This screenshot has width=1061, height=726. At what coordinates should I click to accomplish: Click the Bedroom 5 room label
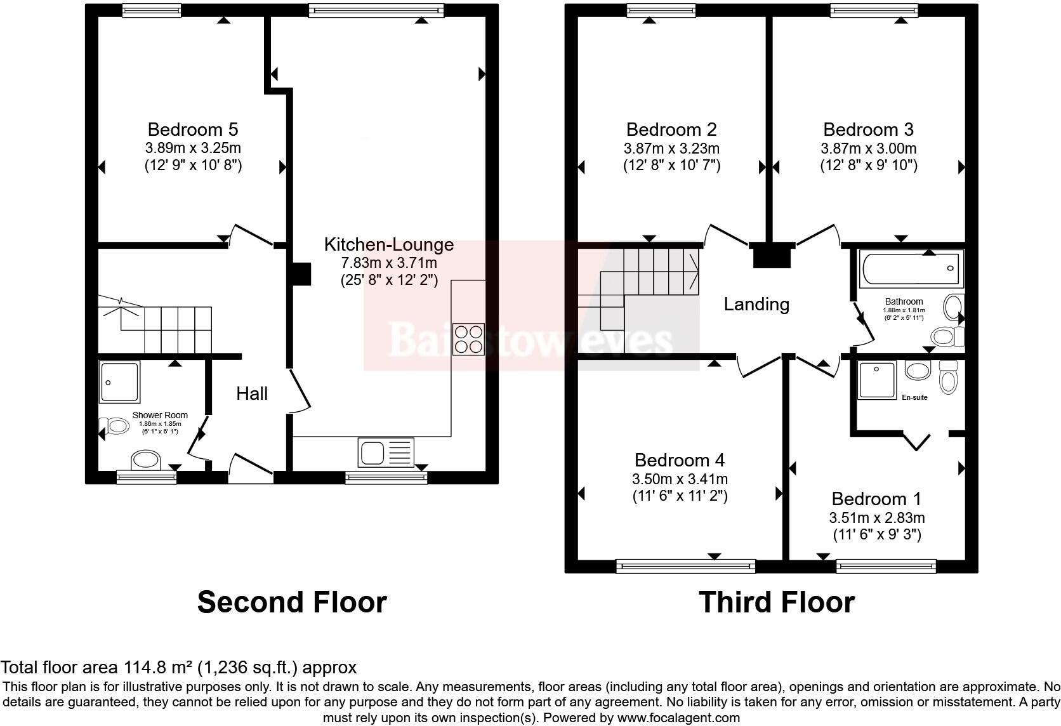[x=192, y=129]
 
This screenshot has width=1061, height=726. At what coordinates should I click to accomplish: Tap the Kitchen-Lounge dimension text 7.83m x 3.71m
[x=389, y=263]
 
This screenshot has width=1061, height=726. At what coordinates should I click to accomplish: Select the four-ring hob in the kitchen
[x=468, y=338]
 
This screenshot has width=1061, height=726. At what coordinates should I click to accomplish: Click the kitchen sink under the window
[x=386, y=452]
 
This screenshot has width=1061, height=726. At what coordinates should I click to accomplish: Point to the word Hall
[x=252, y=393]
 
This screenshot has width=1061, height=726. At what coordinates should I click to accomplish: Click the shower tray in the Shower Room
[x=119, y=381]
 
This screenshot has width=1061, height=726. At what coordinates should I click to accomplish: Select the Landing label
[x=756, y=304]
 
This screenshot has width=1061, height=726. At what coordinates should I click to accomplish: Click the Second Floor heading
[x=292, y=602]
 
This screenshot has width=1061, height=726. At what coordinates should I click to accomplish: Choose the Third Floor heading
[x=776, y=602]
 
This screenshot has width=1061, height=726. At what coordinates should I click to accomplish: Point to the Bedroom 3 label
[x=868, y=129]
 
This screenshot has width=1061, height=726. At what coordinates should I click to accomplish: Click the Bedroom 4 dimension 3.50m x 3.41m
[x=680, y=479]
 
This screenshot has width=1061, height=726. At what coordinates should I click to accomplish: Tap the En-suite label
[x=914, y=397]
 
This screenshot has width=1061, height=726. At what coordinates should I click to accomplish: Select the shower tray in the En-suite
[x=876, y=379]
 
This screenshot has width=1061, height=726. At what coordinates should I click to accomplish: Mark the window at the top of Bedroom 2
[x=661, y=10]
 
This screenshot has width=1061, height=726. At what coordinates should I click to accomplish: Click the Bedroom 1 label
[x=876, y=499]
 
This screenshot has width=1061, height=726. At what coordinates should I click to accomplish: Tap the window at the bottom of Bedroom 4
[x=685, y=565]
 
